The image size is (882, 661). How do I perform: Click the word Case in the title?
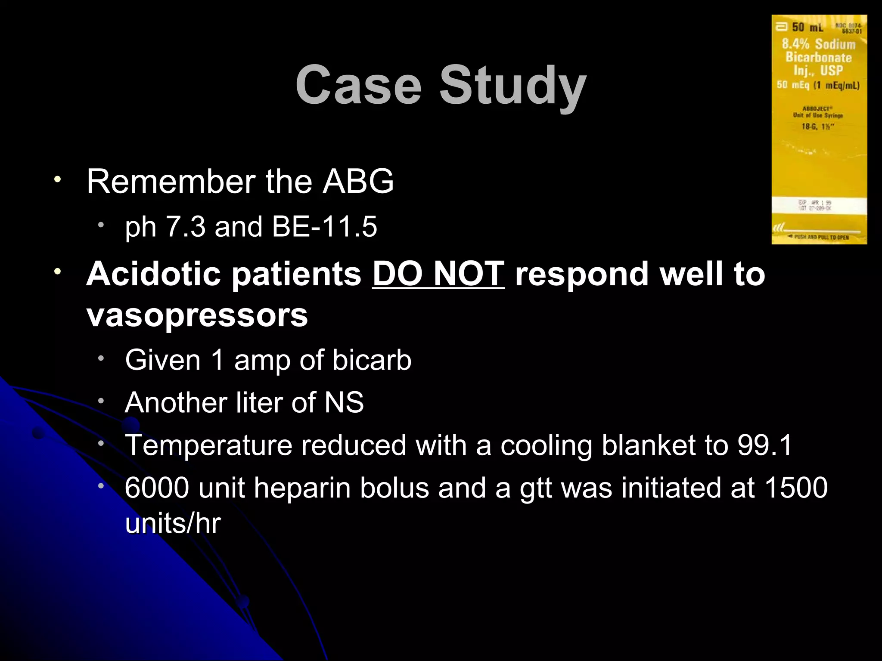tap(358, 85)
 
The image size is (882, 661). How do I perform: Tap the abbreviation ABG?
tap(358, 182)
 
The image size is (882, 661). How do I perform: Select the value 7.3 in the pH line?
tap(186, 227)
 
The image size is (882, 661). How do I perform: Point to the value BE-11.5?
tap(325, 227)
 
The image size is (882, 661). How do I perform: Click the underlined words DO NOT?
tap(438, 274)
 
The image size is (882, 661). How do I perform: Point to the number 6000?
tap(157, 488)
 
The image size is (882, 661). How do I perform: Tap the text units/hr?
tap(173, 524)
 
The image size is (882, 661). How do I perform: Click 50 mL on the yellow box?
tap(807, 28)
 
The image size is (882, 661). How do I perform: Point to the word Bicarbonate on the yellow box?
tap(819, 57)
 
